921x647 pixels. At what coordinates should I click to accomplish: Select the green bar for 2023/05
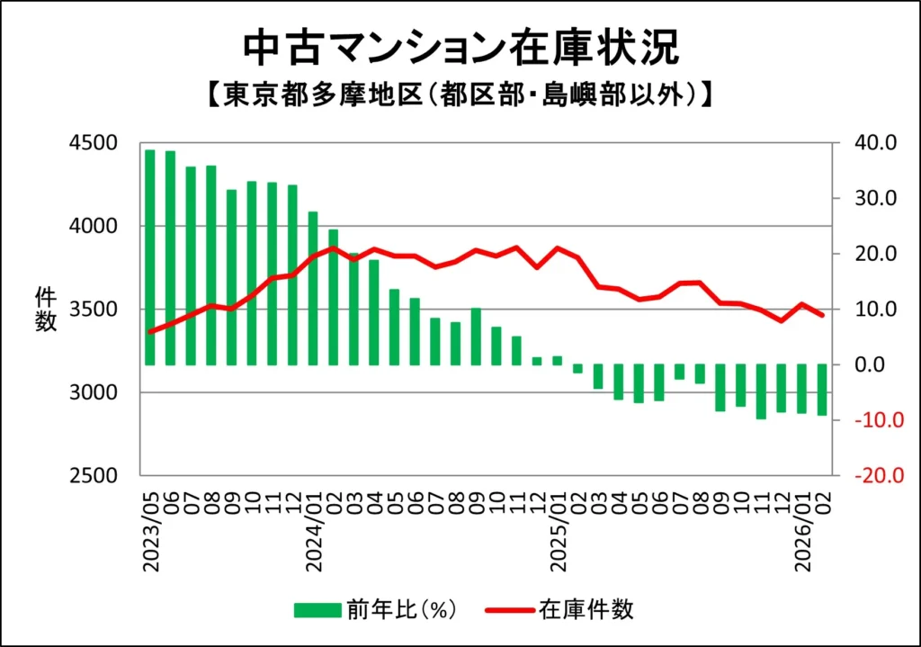click(x=150, y=257)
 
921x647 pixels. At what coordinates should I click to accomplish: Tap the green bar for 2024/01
click(x=313, y=288)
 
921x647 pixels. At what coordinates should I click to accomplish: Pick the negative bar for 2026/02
click(x=822, y=390)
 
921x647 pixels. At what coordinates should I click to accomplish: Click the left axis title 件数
click(x=46, y=309)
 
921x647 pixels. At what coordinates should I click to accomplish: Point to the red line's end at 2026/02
click(x=822, y=315)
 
